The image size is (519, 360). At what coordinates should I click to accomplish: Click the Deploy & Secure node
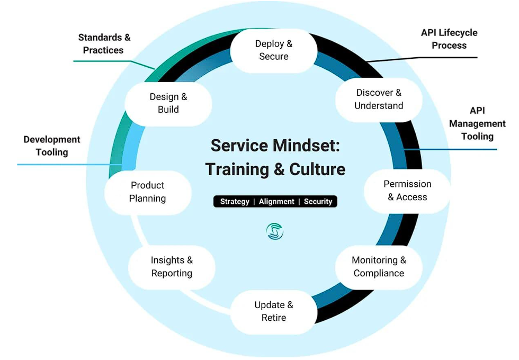(274, 50)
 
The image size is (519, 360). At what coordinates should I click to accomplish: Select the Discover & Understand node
(379, 100)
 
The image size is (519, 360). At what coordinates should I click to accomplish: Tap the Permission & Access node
(407, 191)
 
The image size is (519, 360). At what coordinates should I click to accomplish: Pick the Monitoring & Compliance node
(379, 267)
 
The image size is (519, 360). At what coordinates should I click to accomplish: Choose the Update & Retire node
(274, 311)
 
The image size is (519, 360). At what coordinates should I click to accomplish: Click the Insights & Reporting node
(172, 267)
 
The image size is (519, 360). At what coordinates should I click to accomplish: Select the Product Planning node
(148, 192)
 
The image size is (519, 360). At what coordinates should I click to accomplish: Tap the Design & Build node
(168, 103)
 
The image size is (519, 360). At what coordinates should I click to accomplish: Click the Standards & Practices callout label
(104, 44)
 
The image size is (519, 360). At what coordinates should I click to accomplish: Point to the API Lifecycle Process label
(449, 39)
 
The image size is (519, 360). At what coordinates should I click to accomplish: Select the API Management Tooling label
(477, 123)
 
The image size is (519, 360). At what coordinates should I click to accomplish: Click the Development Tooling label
(52, 146)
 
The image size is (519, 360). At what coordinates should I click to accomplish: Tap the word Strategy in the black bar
(235, 202)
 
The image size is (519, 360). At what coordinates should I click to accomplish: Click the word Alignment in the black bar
(276, 202)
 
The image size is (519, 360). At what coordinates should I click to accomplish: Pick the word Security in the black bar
(318, 202)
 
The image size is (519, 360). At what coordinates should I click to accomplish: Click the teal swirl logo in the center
(275, 231)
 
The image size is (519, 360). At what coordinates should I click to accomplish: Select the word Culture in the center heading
(317, 169)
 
